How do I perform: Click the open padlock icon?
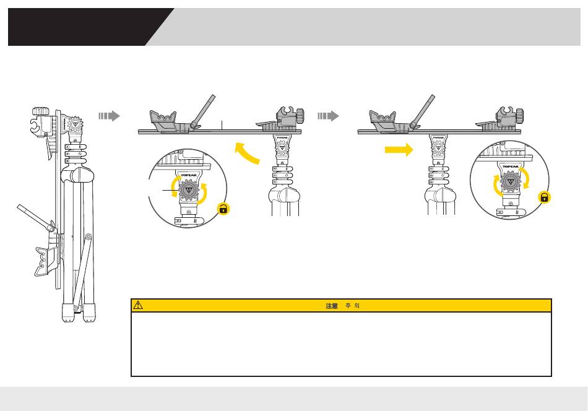(x=223, y=210)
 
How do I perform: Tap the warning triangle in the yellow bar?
(x=138, y=305)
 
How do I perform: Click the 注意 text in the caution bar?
(x=332, y=306)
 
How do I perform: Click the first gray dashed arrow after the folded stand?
(x=108, y=116)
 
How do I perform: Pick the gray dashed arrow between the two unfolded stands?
(x=327, y=116)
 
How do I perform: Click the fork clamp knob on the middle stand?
(x=300, y=116)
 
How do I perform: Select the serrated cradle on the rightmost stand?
(x=382, y=118)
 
